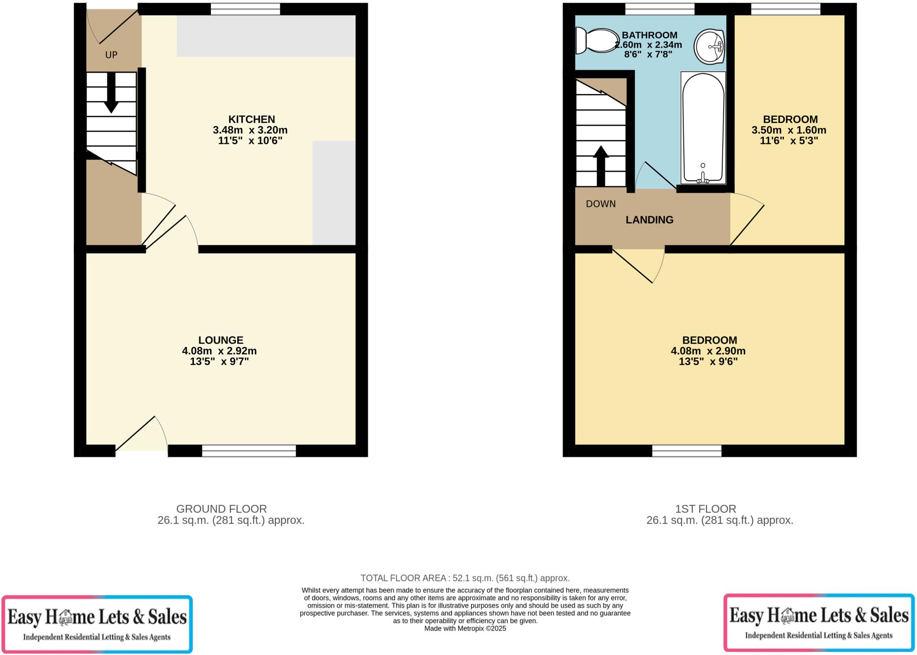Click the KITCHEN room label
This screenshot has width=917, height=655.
252,120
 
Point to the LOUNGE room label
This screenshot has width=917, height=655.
221,340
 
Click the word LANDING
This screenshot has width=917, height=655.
649,220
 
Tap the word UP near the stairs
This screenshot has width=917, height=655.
111,55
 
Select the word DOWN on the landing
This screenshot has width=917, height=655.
600,204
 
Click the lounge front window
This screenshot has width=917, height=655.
249,450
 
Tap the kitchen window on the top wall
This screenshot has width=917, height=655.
245,9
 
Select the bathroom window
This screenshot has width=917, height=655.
660,9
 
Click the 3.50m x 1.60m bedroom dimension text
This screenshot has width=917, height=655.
788,130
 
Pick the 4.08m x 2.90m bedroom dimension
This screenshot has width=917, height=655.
708,351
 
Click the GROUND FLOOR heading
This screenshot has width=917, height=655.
221,509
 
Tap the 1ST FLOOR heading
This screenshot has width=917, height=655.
705,509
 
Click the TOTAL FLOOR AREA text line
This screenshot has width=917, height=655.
465,578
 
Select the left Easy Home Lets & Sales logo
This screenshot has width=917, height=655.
97,624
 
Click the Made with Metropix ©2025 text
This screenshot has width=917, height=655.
465,629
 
